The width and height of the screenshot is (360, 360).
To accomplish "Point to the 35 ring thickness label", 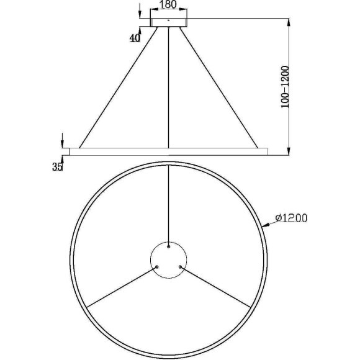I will point(58,166).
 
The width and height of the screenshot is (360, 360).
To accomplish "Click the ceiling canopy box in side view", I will point(169,22).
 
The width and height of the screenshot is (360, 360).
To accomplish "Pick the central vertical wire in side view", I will point(169,87).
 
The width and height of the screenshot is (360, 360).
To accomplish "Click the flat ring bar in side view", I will point(169,151).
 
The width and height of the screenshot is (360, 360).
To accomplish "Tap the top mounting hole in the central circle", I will point(169,246).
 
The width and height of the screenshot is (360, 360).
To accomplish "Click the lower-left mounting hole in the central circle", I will point(157,267).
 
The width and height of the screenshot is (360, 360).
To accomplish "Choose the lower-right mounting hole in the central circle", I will point(181,267).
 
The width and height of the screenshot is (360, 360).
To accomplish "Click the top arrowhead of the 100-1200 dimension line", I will point(289,22).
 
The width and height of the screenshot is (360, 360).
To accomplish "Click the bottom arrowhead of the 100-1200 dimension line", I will point(289,151).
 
